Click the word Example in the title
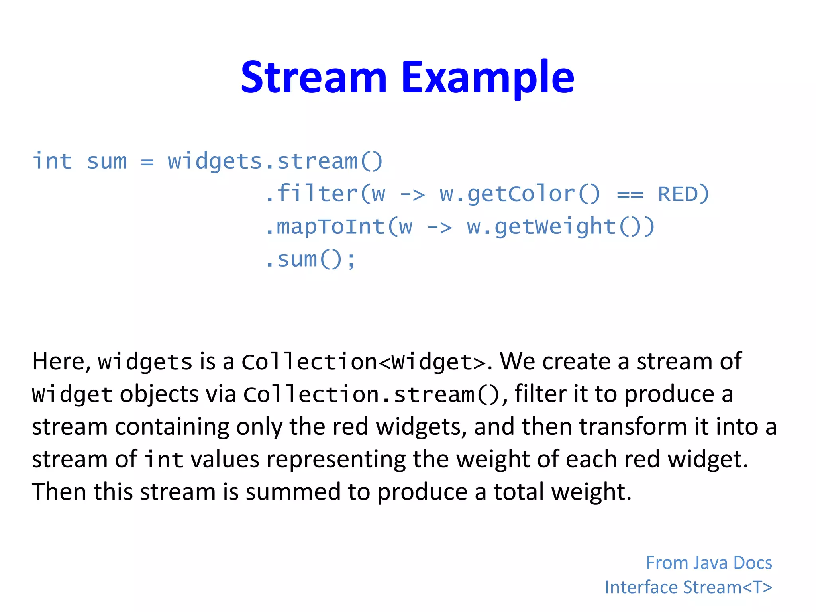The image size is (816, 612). click(x=488, y=78)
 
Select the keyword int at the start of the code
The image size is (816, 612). click(x=52, y=161)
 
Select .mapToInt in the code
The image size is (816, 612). click(x=325, y=227)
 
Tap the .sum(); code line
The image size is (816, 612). click(x=311, y=260)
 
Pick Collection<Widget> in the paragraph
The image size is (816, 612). click(x=363, y=362)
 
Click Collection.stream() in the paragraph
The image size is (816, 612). click(x=371, y=395)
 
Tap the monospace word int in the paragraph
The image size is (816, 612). click(x=164, y=460)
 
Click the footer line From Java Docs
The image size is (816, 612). click(x=709, y=563)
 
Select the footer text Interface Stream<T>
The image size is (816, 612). click(x=688, y=587)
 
